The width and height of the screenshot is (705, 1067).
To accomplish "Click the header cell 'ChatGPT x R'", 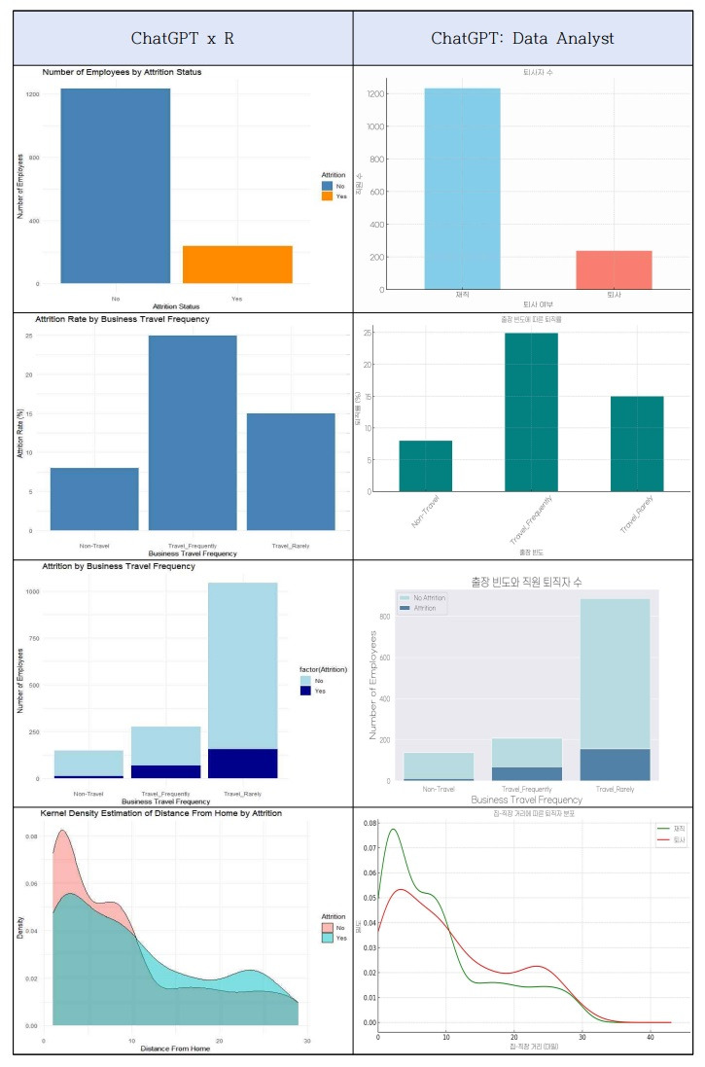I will [183, 40].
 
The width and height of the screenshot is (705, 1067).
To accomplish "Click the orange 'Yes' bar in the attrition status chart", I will [237, 265].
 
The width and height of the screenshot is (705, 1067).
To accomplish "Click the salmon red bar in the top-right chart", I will [613, 269].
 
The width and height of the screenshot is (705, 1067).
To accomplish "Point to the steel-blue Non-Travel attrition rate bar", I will [94, 499].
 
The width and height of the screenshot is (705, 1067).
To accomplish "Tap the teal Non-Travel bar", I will [425, 466].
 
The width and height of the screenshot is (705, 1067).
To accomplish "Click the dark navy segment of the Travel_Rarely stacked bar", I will [243, 764].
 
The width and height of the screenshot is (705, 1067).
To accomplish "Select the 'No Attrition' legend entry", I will [424, 597].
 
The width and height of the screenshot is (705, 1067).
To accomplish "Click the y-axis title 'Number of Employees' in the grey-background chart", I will [375, 685].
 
